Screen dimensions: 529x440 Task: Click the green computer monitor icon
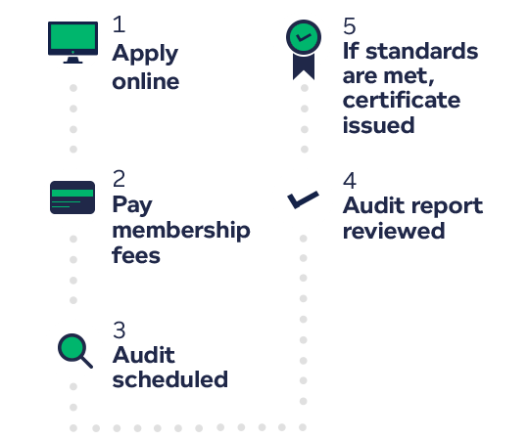pos(72,42)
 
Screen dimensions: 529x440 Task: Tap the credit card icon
pos(72,198)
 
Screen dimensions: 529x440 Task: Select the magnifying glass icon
pos(74,351)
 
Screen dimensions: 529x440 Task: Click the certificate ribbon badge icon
pos(304,50)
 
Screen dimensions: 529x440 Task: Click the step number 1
pos(120,24)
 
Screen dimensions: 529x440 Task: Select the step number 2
pos(119,179)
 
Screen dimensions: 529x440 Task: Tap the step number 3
pos(120,330)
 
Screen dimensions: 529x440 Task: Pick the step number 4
pos(350,181)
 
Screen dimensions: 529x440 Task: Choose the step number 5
pos(350,26)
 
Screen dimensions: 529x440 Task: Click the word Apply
pos(145,54)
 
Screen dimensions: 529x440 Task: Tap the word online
pos(146,81)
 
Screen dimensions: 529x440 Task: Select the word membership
pos(181,232)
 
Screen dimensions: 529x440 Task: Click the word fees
pos(136,255)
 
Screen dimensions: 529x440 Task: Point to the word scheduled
pos(170,379)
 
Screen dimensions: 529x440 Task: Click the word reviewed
pos(394,231)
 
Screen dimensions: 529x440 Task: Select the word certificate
pos(402,100)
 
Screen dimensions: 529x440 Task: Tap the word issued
pos(378,125)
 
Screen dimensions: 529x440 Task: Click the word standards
pos(422,51)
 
